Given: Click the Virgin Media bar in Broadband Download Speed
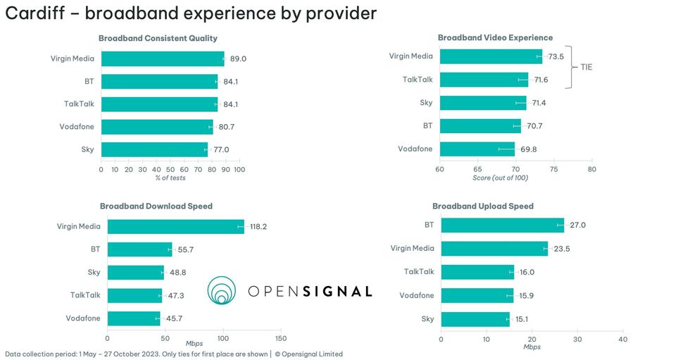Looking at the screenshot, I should point(175,226).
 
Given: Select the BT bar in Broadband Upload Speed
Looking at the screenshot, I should point(502,225).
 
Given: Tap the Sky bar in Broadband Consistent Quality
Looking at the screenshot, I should point(155,149).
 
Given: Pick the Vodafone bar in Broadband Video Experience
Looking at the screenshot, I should point(477,149).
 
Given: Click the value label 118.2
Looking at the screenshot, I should point(259,227).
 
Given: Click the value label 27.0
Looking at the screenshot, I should point(577,225).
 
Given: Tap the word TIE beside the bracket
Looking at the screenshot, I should point(586,68).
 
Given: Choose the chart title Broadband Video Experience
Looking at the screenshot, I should point(495,38).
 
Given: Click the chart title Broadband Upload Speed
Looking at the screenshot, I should point(482,206).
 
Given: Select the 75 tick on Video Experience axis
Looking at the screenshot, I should point(553,170).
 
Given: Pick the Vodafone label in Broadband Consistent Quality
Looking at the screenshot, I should point(77,127).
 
